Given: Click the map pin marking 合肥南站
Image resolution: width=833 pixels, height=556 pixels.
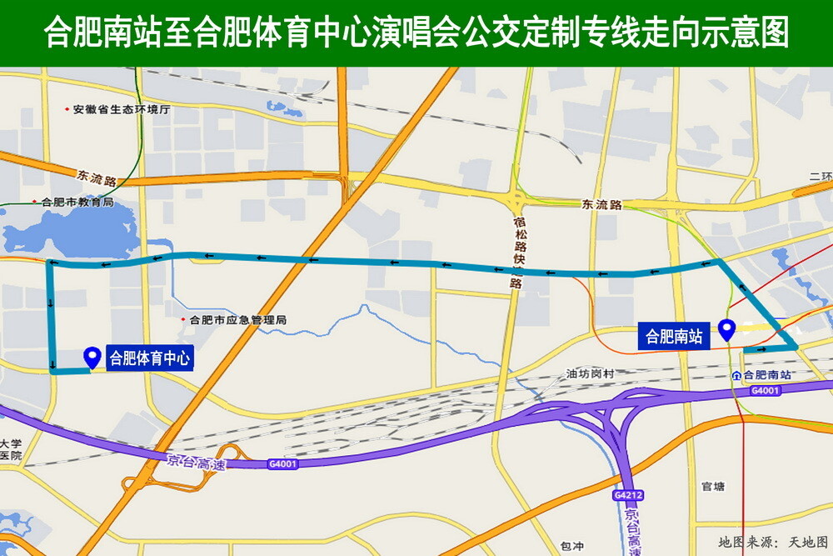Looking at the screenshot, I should (726, 329).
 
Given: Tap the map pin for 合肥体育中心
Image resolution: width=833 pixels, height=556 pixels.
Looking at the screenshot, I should (92, 357).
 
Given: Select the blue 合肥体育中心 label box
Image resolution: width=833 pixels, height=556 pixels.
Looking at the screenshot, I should (150, 359).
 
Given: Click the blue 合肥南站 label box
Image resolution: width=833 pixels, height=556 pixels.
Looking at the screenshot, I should (674, 337).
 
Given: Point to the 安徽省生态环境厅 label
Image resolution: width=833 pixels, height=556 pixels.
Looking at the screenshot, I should (121, 109).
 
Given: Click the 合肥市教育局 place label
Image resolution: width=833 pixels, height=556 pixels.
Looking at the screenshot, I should (77, 202).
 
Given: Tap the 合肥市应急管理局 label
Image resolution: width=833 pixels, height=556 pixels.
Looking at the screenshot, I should (237, 319).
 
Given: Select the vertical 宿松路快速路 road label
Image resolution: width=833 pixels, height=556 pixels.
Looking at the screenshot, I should (518, 250).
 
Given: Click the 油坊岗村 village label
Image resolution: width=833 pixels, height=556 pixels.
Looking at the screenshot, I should (589, 374).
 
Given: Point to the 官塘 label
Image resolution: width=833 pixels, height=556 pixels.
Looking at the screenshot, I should (713, 487).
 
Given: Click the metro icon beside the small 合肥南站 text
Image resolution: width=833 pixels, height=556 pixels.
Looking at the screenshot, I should (736, 376).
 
